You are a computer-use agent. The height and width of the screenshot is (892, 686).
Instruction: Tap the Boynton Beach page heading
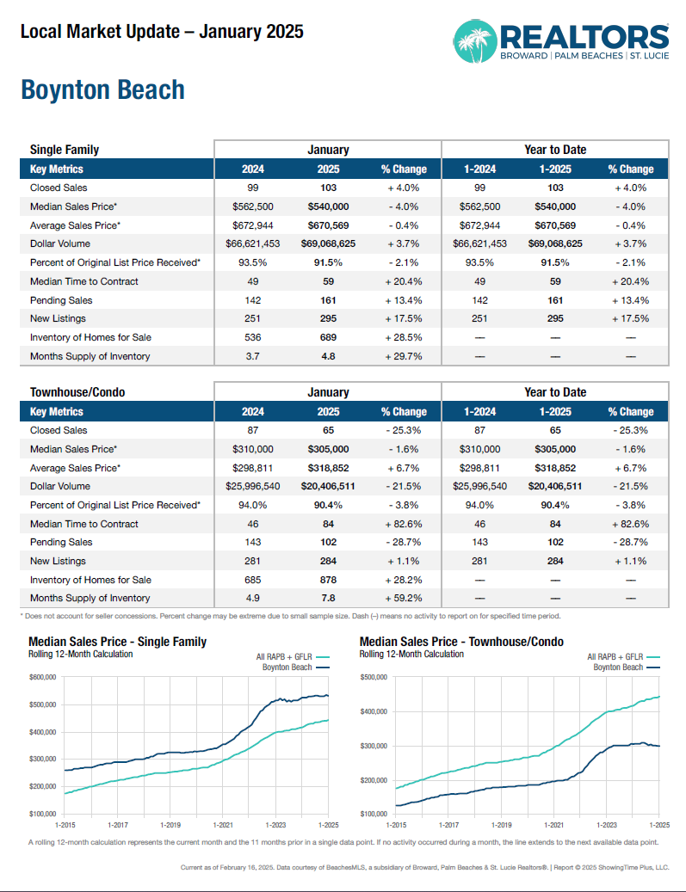pos(102,90)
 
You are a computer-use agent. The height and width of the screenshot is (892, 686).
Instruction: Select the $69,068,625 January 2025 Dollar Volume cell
pos(328,244)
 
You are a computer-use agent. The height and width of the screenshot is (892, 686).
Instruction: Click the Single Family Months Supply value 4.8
pos(328,356)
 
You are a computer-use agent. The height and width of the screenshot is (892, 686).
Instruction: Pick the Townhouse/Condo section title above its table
pos(77,392)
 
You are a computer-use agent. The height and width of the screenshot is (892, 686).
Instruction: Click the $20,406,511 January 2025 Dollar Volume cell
pos(328,486)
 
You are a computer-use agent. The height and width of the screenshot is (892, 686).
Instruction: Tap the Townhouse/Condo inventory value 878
pos(328,580)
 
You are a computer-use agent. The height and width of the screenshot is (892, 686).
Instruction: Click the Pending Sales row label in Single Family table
pos(61,300)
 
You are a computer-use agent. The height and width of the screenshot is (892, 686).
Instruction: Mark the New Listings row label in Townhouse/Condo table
pos(58,561)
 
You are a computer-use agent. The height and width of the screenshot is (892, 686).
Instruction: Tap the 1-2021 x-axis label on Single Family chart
pos(223,824)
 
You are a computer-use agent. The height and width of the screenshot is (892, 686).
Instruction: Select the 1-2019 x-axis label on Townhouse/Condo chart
pos(501,824)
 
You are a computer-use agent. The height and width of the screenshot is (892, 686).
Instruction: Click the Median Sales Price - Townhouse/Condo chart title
pos(461,642)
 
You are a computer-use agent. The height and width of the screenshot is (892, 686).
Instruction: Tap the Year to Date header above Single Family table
pos(555,150)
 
